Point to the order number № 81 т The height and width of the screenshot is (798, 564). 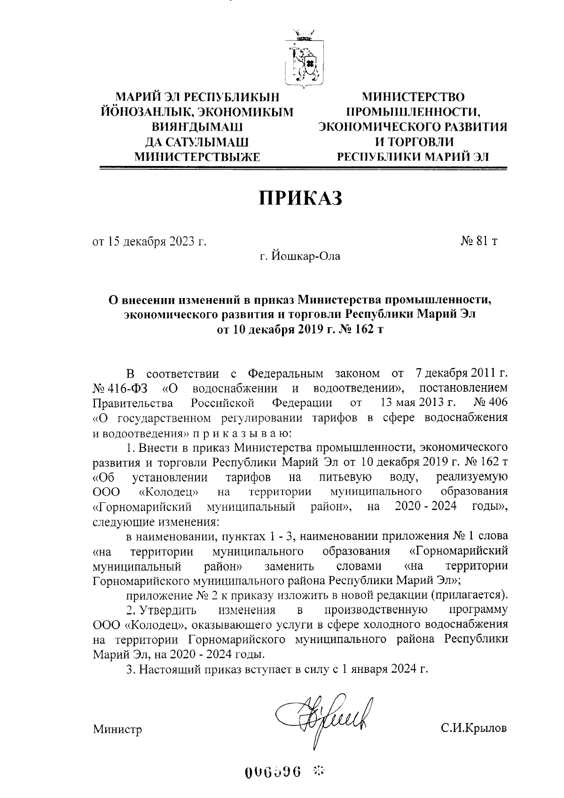(479, 241)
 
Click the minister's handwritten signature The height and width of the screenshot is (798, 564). (324, 719)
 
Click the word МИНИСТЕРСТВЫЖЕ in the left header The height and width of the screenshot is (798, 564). (197, 157)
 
